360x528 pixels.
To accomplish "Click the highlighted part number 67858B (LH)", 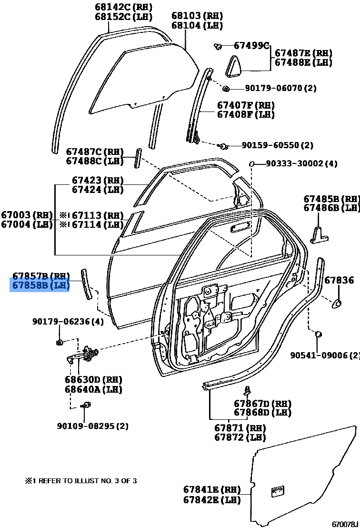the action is [40, 285].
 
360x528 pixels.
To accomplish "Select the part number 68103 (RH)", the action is [197, 16].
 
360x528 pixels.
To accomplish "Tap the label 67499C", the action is [251, 45].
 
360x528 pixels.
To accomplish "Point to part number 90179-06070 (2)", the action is [280, 88].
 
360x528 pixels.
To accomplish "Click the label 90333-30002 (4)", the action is [301, 163].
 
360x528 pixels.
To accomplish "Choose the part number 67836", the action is [339, 280].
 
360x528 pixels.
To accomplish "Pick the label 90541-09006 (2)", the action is [325, 355].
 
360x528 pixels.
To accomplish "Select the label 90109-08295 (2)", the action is [93, 426].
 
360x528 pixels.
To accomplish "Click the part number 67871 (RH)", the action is [240, 428].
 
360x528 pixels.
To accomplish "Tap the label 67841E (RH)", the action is [212, 489].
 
